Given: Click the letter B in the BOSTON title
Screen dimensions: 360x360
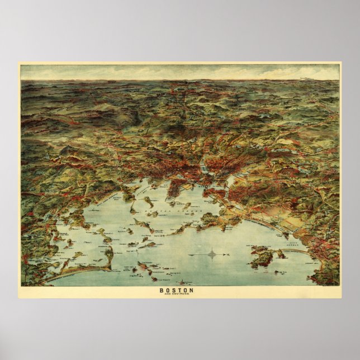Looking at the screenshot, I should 162,290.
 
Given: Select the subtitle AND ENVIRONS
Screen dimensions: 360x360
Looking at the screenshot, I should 177,295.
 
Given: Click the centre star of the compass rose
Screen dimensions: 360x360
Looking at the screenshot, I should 212,255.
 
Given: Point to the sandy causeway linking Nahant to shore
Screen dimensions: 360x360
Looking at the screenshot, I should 296,251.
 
